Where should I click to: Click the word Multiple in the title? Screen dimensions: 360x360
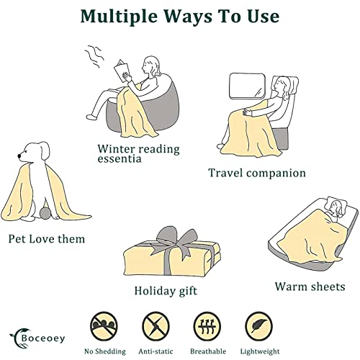pyautogui.click(x=120, y=17)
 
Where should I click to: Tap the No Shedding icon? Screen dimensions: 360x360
pyautogui.click(x=104, y=326)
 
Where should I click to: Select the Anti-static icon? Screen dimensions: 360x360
pyautogui.click(x=156, y=326)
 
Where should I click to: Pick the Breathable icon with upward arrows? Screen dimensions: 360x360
pyautogui.click(x=207, y=326)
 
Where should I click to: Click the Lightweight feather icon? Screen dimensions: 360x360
pyautogui.click(x=259, y=326)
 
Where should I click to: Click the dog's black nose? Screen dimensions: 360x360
pyautogui.click(x=19, y=156)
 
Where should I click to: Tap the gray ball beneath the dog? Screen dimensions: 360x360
pyautogui.click(x=45, y=213)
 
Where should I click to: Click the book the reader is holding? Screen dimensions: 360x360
pyautogui.click(x=122, y=71)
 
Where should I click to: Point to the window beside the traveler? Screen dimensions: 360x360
pyautogui.click(x=247, y=86)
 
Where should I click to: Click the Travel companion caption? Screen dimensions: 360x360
pyautogui.click(x=257, y=173)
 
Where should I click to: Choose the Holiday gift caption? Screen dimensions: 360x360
pyautogui.click(x=166, y=291)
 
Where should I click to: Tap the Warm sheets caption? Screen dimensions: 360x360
pyautogui.click(x=310, y=287)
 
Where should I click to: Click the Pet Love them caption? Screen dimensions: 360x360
pyautogui.click(x=47, y=239)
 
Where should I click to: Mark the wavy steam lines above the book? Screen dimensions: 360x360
pyautogui.click(x=94, y=56)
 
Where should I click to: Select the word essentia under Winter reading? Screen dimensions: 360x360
pyautogui.click(x=120, y=158)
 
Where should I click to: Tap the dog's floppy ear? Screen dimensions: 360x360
pyautogui.click(x=44, y=150)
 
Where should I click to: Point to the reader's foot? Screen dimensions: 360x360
pyautogui.click(x=91, y=117)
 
